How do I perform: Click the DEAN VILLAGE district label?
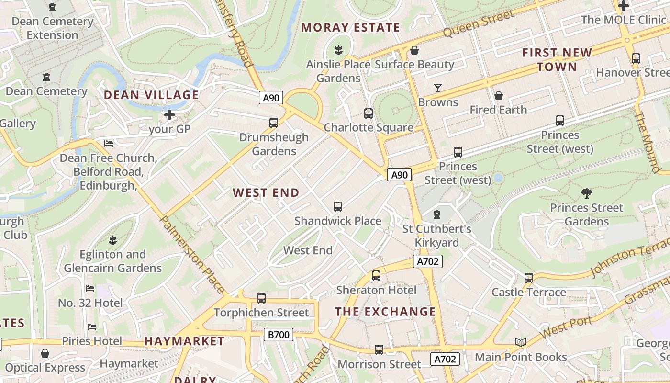151,95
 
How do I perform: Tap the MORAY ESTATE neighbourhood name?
350,27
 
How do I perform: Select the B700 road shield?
279,334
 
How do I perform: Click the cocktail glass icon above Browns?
437,88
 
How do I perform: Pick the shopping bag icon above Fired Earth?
498,96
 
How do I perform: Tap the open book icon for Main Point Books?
520,342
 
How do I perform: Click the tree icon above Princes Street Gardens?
586,193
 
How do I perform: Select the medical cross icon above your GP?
169,115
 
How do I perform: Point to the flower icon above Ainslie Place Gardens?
338,50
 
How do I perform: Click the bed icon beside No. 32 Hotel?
90,289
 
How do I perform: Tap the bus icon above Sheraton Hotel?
376,276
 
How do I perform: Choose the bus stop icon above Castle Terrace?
529,278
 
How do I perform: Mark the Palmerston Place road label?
191,254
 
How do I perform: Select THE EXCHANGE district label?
385,312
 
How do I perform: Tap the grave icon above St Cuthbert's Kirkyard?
436,214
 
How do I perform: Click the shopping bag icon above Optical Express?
45,353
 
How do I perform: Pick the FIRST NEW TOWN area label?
557,59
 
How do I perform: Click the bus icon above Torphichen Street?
261,298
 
